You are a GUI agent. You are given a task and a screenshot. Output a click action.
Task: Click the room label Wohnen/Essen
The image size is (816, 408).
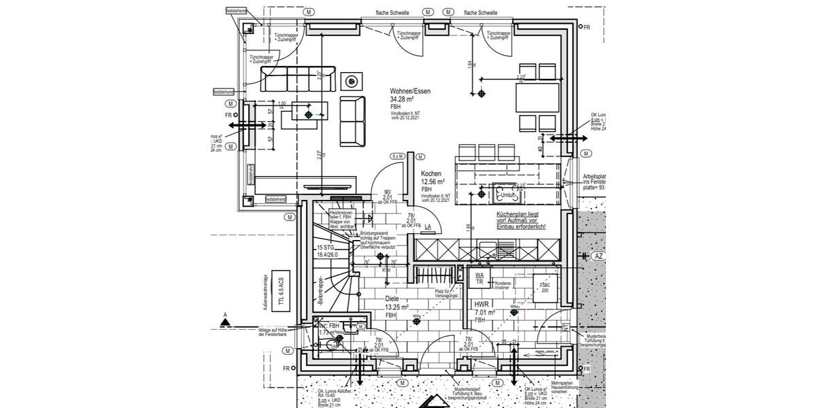(410, 91)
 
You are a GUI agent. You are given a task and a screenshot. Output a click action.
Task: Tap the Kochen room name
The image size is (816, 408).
(431, 174)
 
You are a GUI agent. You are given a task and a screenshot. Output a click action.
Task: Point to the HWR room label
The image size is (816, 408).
(482, 305)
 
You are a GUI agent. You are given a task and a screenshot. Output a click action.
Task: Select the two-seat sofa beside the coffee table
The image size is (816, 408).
(352, 120)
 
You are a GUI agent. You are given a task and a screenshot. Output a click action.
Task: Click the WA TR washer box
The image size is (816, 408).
(479, 278)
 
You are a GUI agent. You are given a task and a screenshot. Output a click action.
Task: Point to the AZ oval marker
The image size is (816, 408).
(598, 256)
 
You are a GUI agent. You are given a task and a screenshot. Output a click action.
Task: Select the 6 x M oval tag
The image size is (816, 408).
(397, 156)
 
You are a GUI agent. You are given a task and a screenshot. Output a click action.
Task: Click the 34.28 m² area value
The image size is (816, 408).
(404, 99)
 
